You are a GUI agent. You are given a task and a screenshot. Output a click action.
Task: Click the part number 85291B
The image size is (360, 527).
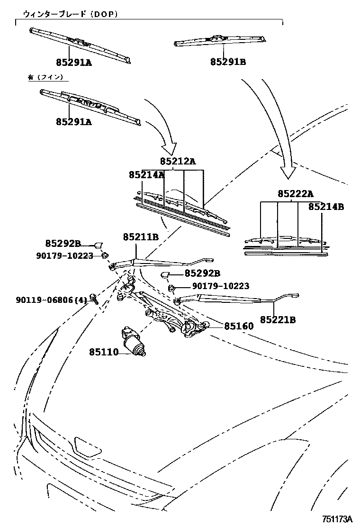click(228, 62)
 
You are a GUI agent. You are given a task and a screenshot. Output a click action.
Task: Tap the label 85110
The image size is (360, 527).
click(104, 352)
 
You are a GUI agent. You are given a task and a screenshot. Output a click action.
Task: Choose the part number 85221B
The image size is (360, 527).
click(278, 320)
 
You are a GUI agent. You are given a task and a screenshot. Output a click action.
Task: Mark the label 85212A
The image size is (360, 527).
click(178, 161)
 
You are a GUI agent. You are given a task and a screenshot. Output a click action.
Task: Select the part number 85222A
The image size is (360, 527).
click(296, 193)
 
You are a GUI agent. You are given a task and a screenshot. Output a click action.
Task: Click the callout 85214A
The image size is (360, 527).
click(146, 175)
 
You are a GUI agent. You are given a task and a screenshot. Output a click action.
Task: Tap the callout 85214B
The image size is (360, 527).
click(326, 207)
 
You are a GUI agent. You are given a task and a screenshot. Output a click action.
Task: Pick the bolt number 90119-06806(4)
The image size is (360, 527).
click(52, 300)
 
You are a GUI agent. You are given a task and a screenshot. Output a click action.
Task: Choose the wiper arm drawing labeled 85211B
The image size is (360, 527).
click(161, 262)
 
